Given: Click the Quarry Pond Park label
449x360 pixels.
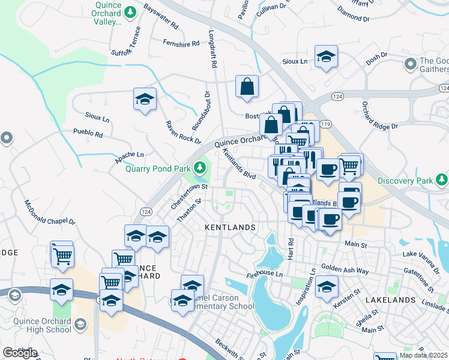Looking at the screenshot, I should click(158, 169).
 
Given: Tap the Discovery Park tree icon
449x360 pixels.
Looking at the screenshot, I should click(442, 179).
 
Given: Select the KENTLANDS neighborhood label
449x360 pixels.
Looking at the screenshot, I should click(231, 228).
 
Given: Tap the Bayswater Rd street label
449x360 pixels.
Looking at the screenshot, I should click(161, 17).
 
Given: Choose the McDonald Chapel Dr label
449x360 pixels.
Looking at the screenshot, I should click(50, 213).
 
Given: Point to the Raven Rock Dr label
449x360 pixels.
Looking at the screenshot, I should click(182, 131).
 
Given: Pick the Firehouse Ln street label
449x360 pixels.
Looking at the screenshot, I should click(264, 274).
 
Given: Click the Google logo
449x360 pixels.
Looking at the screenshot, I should click(20, 352).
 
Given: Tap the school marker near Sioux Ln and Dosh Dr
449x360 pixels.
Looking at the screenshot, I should click(326, 57).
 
